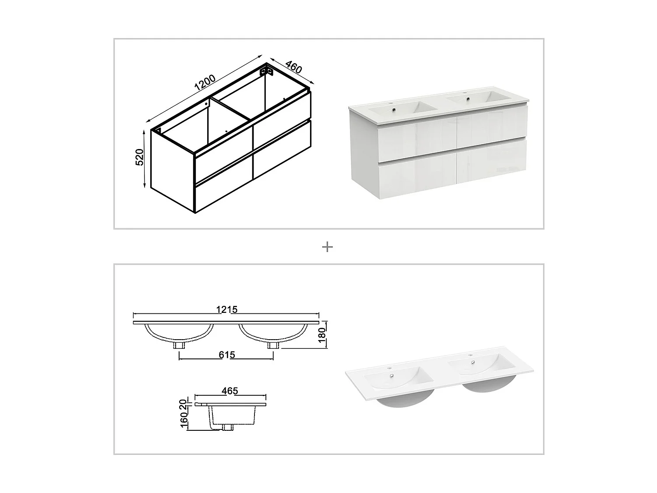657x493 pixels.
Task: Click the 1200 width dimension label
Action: tap(205, 82)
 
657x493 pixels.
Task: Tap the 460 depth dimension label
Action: tap(293, 67)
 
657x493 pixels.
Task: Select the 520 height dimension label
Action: tap(139, 157)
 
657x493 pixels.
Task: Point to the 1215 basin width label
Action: tap(226, 309)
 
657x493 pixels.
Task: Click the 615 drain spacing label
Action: tap(226, 355)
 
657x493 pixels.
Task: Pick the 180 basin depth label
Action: tap(322, 335)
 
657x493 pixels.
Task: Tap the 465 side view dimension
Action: tap(230, 391)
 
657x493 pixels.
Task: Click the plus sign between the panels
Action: tap(327, 247)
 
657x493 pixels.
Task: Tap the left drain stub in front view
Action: tap(179, 345)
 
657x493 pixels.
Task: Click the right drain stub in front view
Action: tap(273, 345)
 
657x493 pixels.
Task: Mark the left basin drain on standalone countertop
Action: tap(391, 377)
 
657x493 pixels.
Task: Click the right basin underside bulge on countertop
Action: tap(488, 385)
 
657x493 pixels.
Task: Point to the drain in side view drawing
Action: tap(228, 427)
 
